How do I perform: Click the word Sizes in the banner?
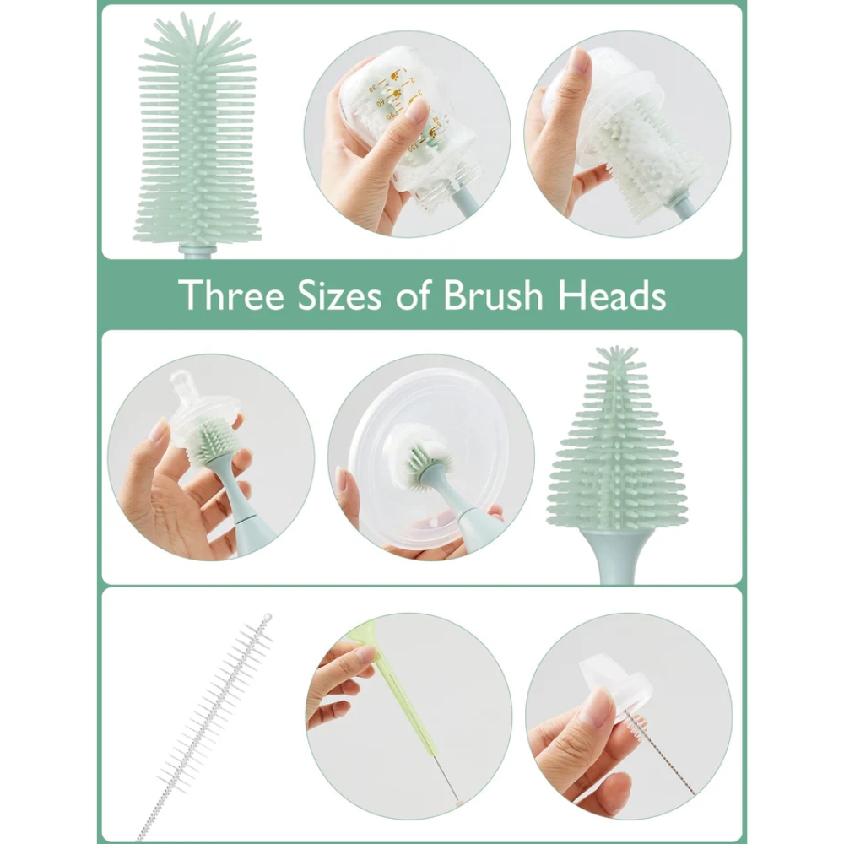tap(339, 295)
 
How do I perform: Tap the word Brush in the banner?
tap(493, 295)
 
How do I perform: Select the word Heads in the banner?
tap(612, 295)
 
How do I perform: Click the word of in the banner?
tap(414, 296)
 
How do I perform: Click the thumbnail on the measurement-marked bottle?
tap(415, 111)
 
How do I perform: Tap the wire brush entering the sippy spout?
tap(661, 755)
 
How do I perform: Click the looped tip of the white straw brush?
tap(266, 617)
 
